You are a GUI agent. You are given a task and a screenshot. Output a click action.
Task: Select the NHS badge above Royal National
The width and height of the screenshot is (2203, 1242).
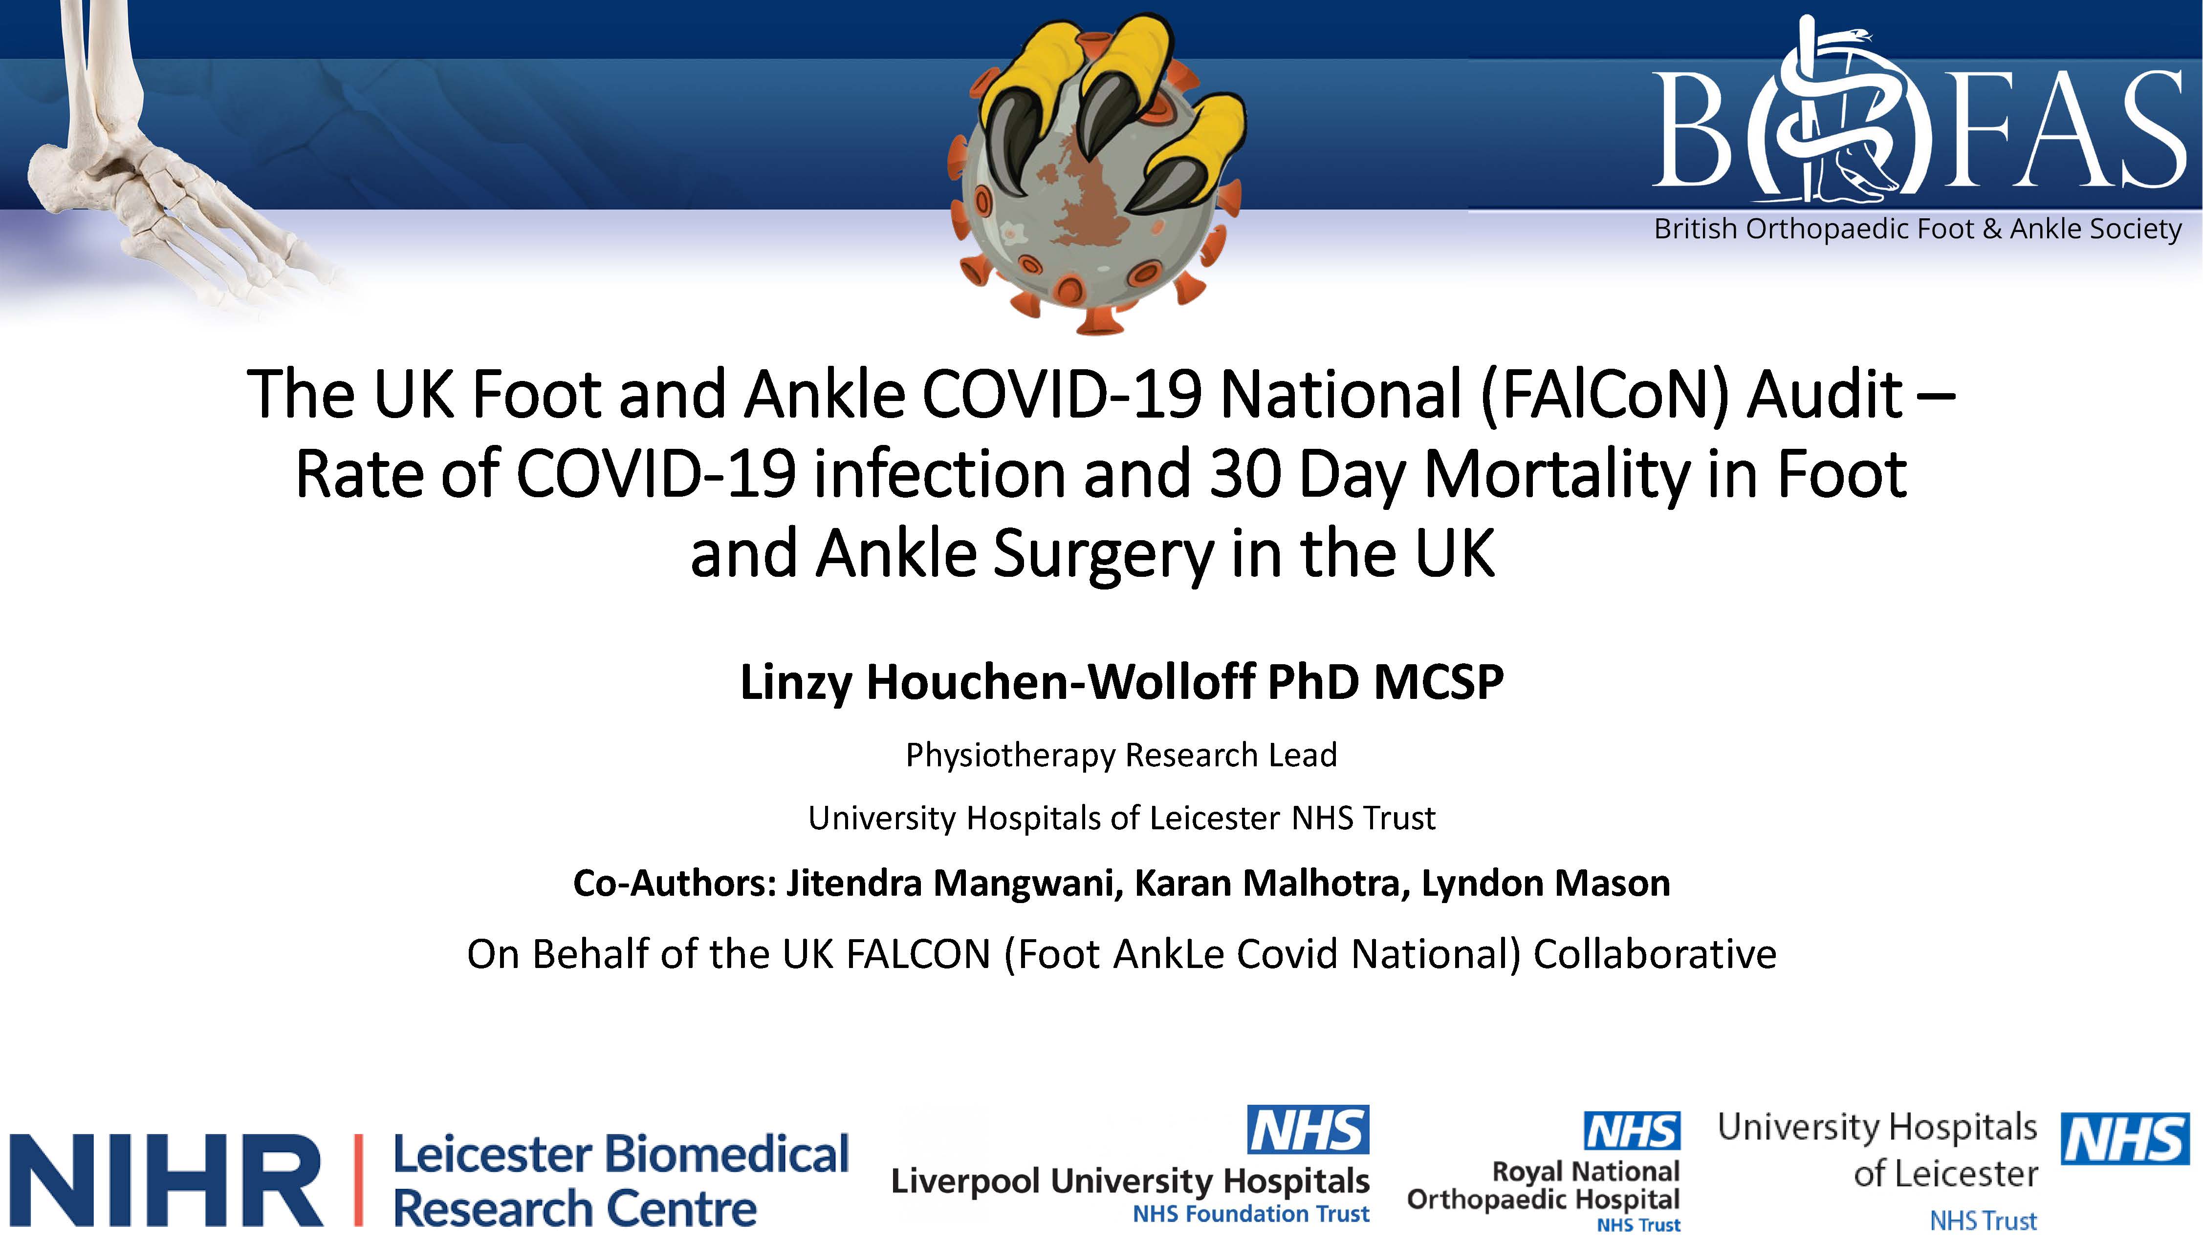tap(1632, 1131)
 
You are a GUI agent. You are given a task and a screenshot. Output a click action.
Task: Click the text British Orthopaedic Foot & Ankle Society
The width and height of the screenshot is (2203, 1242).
tap(1918, 229)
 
